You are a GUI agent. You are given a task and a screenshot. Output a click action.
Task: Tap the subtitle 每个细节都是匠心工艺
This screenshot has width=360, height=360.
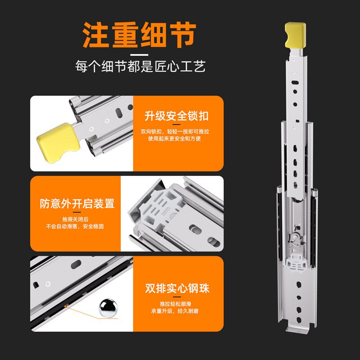(x=140, y=67)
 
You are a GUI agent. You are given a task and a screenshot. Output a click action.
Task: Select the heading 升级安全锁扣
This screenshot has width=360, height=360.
(x=176, y=116)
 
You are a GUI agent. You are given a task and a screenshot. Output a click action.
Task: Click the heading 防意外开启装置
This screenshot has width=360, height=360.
(x=77, y=203)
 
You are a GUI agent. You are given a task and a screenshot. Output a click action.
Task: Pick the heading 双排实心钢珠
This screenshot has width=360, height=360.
(x=177, y=288)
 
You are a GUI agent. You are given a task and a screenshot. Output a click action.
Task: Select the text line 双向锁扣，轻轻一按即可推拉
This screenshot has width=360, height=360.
(x=176, y=132)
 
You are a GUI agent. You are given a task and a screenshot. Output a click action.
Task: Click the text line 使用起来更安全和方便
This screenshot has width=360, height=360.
(x=176, y=139)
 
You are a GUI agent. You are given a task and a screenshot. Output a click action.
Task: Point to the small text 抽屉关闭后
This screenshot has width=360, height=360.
(x=76, y=220)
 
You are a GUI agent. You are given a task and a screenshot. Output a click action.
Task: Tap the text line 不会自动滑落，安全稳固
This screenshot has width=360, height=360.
(x=76, y=227)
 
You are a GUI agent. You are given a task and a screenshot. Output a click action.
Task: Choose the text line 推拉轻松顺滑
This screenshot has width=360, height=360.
(x=176, y=303)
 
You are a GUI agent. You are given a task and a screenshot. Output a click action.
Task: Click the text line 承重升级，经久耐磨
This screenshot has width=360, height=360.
(x=176, y=310)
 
